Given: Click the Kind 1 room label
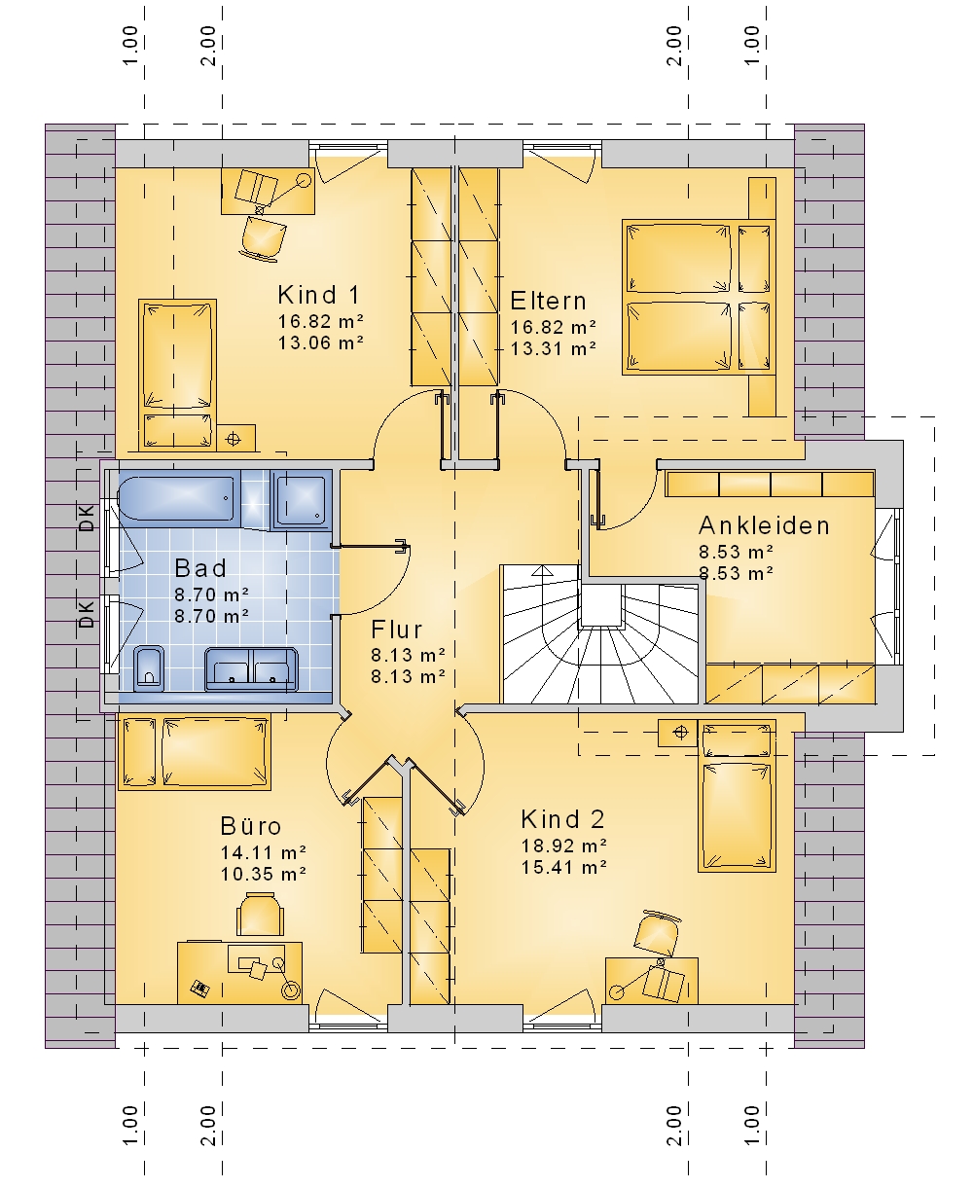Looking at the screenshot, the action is coord(318,295).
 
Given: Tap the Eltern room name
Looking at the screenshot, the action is coord(548,301).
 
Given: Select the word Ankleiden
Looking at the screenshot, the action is coord(764,525).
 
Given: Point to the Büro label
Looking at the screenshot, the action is coord(251,826).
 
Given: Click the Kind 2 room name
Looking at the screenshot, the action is coord(562,819).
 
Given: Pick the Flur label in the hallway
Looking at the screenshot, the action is coord(396,630).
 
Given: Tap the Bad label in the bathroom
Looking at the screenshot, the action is coord(200,568).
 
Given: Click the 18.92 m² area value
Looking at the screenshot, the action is coord(564,846).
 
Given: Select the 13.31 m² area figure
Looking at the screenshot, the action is coord(554,348).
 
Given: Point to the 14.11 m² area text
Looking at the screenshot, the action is coord(263,852).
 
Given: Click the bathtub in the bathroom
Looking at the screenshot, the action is coord(176,498).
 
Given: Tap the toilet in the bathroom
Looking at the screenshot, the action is coord(149,668).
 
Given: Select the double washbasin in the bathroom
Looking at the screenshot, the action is coord(251,669).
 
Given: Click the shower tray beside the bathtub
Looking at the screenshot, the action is coord(301,500).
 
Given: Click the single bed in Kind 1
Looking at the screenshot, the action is coord(177,375).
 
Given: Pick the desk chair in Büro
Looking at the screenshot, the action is coord(260,914).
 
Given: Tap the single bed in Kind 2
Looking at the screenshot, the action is coord(737,795).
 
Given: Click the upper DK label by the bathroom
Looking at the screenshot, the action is coord(87,518).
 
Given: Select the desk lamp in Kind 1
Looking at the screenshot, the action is coord(304,180).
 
